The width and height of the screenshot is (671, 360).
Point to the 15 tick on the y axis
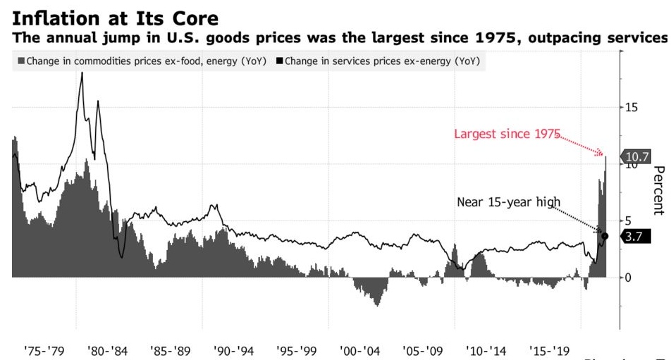coord(632,108)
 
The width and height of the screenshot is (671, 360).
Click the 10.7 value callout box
coord(637,156)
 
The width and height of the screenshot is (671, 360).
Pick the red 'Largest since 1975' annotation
coord(507,134)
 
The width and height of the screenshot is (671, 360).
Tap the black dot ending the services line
coord(605,235)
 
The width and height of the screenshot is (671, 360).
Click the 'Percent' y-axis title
coord(658,190)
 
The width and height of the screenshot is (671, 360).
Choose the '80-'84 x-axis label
coord(109,350)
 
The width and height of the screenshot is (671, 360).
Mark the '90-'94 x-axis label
coord(235,350)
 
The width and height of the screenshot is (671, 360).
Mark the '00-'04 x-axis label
coord(361,350)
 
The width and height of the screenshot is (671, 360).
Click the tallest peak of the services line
coord(82,74)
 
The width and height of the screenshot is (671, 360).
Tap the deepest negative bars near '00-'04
coord(377,303)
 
